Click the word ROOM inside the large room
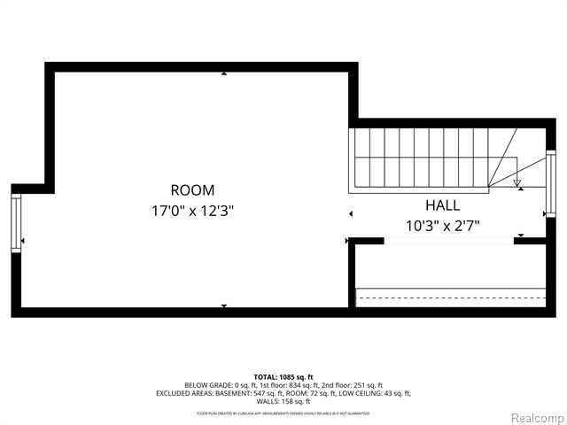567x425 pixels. pos(192,189)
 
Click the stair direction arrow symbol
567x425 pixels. pos(518,185)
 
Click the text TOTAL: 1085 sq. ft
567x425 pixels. pos(283,376)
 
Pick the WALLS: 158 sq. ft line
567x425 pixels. pos(283,401)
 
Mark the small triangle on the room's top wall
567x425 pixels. pos(223,74)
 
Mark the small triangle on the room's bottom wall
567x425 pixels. pos(223,306)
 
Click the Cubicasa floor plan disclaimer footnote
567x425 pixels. pos(283,413)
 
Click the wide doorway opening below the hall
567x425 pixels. pos(448,239)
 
